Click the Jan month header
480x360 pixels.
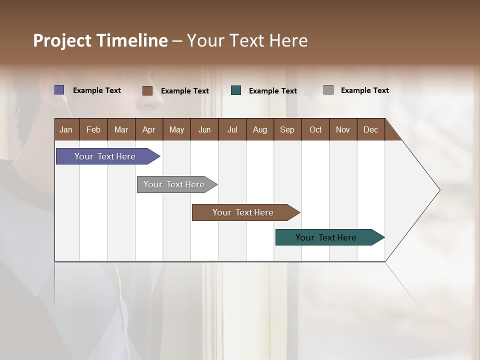tap(66, 129)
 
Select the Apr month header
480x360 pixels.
tap(149, 129)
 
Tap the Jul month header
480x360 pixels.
tap(232, 129)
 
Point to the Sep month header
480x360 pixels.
tap(287, 129)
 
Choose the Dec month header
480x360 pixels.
tap(370, 129)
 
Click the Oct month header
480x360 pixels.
tap(315, 129)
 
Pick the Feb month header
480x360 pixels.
tap(93, 129)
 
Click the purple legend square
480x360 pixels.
tap(59, 90)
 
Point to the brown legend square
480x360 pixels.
tap(147, 90)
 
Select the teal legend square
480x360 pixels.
tap(236, 90)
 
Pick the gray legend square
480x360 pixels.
tap(328, 90)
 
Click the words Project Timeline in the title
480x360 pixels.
tap(100, 40)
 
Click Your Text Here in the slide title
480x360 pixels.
tap(247, 40)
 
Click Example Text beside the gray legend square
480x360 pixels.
tap(364, 90)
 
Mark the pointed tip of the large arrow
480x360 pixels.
tap(439, 190)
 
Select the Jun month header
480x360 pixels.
tap(204, 129)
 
